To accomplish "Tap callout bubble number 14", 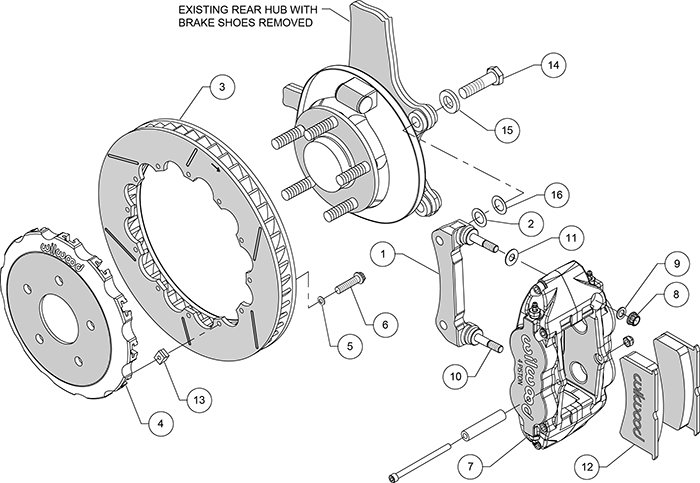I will pos(549,66).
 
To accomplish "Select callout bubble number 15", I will pos(508,129).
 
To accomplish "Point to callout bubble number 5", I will pos(350,347).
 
